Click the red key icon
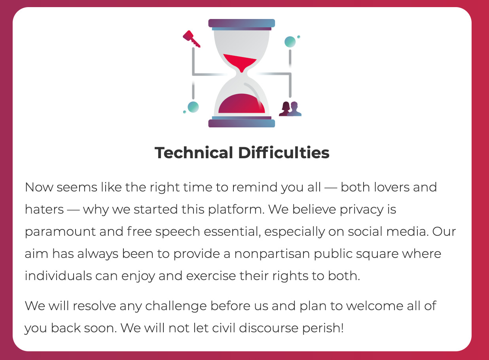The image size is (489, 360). click(191, 39)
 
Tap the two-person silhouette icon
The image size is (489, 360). click(290, 109)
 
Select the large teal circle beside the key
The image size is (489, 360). click(290, 42)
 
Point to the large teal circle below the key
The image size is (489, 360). click(193, 107)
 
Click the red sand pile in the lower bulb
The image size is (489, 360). click(241, 104)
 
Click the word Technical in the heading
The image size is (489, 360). click(194, 152)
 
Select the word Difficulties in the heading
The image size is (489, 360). click(284, 152)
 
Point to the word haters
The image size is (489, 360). click(44, 209)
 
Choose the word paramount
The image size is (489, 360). click(60, 232)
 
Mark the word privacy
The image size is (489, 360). click(362, 210)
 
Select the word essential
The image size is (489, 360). click(232, 231)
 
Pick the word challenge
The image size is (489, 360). click(176, 306)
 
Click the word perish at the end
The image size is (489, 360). click(323, 328)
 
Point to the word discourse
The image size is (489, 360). click(269, 328)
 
